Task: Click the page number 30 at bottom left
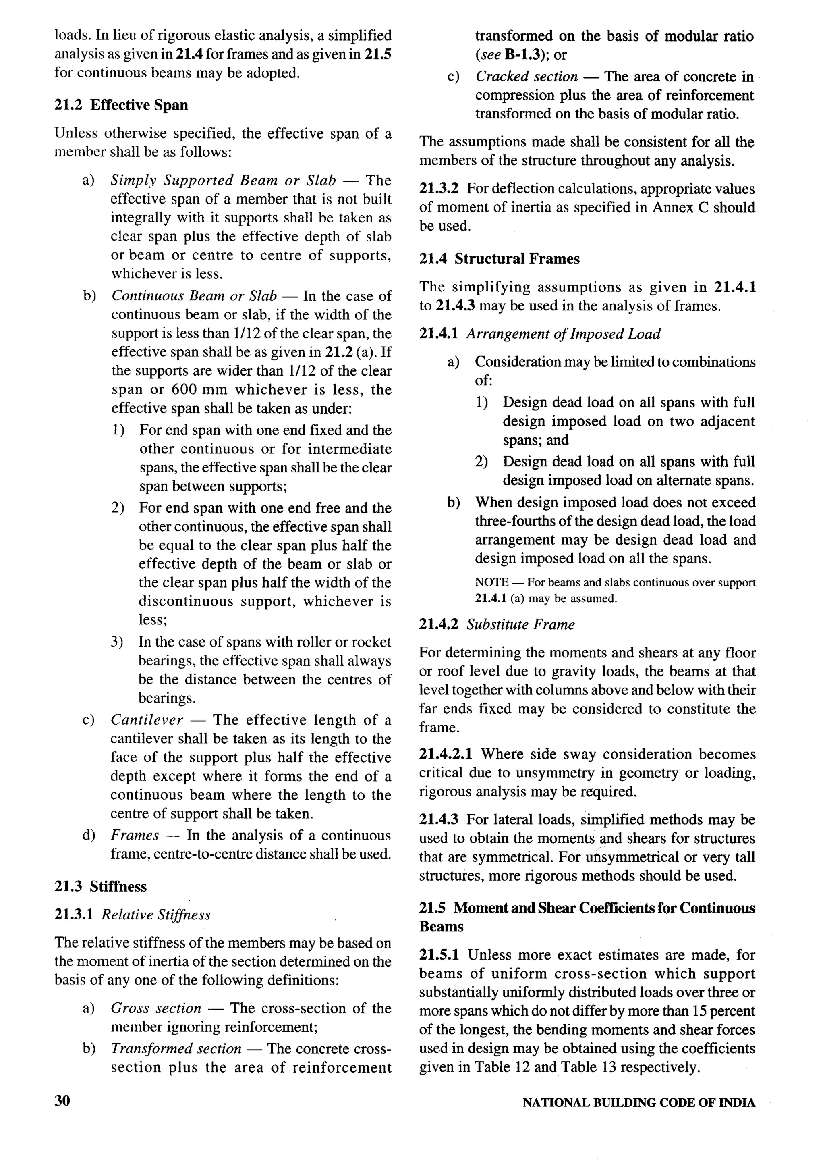click(62, 1100)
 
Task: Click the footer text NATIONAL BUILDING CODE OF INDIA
click(638, 1102)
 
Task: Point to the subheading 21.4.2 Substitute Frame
click(496, 624)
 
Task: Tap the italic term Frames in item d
click(135, 835)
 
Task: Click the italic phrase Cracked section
click(526, 76)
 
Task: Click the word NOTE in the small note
click(491, 582)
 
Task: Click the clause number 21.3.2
click(438, 189)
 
